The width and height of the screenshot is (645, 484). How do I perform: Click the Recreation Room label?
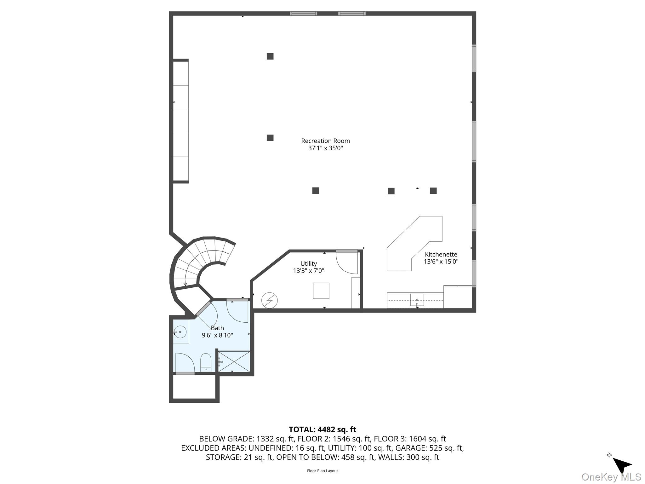325,141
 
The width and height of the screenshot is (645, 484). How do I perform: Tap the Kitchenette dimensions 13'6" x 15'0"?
441,262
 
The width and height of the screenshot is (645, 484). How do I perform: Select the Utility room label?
308,264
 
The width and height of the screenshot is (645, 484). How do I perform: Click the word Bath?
217,328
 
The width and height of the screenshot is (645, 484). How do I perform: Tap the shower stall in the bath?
234,361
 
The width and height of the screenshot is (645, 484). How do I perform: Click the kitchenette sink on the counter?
417,300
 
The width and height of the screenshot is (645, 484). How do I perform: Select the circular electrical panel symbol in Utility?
270,300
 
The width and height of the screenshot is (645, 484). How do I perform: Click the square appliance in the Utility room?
321,291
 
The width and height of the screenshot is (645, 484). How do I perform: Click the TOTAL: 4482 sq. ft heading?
322,429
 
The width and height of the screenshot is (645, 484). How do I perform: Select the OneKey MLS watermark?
611,477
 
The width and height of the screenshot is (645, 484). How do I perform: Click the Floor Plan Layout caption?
322,471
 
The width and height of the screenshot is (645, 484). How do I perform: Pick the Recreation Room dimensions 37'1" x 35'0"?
325,148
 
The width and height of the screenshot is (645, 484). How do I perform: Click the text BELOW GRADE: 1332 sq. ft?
246,439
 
